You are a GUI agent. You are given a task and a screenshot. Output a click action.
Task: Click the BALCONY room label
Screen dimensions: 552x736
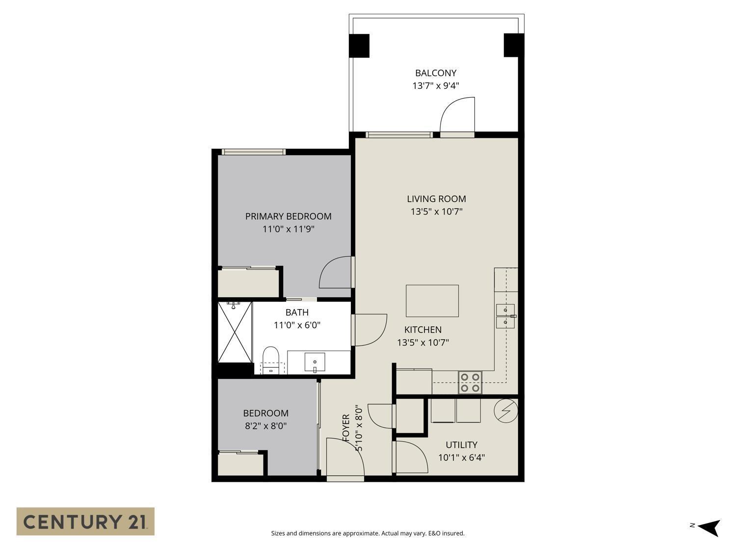[x=436, y=73]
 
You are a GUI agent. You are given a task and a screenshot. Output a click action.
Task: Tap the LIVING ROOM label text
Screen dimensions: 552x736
[x=436, y=199]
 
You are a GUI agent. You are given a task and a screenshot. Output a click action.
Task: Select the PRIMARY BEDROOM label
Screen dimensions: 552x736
[x=288, y=216]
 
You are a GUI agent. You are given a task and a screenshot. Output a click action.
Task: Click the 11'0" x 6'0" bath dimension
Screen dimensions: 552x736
[x=297, y=325]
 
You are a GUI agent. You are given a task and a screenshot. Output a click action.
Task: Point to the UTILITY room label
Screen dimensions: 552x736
[x=461, y=445]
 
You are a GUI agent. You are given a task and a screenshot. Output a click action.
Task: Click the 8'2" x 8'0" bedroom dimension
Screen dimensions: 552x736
[x=265, y=426]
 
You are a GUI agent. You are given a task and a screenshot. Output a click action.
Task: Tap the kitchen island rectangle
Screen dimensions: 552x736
[x=432, y=301]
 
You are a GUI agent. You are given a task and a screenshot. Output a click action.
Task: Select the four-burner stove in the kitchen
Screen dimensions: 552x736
[x=470, y=383]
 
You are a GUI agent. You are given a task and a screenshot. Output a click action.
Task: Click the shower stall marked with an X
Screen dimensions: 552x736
[x=235, y=332]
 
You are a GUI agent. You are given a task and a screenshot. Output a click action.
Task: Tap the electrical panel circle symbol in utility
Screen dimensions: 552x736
[x=506, y=410]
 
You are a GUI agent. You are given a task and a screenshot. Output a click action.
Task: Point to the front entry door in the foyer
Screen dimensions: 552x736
[x=345, y=459]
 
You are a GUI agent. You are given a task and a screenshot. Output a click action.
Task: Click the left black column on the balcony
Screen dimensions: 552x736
[x=359, y=46]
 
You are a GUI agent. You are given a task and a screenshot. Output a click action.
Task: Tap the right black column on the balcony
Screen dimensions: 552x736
[x=514, y=45]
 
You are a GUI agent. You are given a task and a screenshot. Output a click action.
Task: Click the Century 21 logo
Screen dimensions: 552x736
[x=85, y=521]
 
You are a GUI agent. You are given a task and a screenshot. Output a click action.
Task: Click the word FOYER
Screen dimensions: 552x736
[x=346, y=427]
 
